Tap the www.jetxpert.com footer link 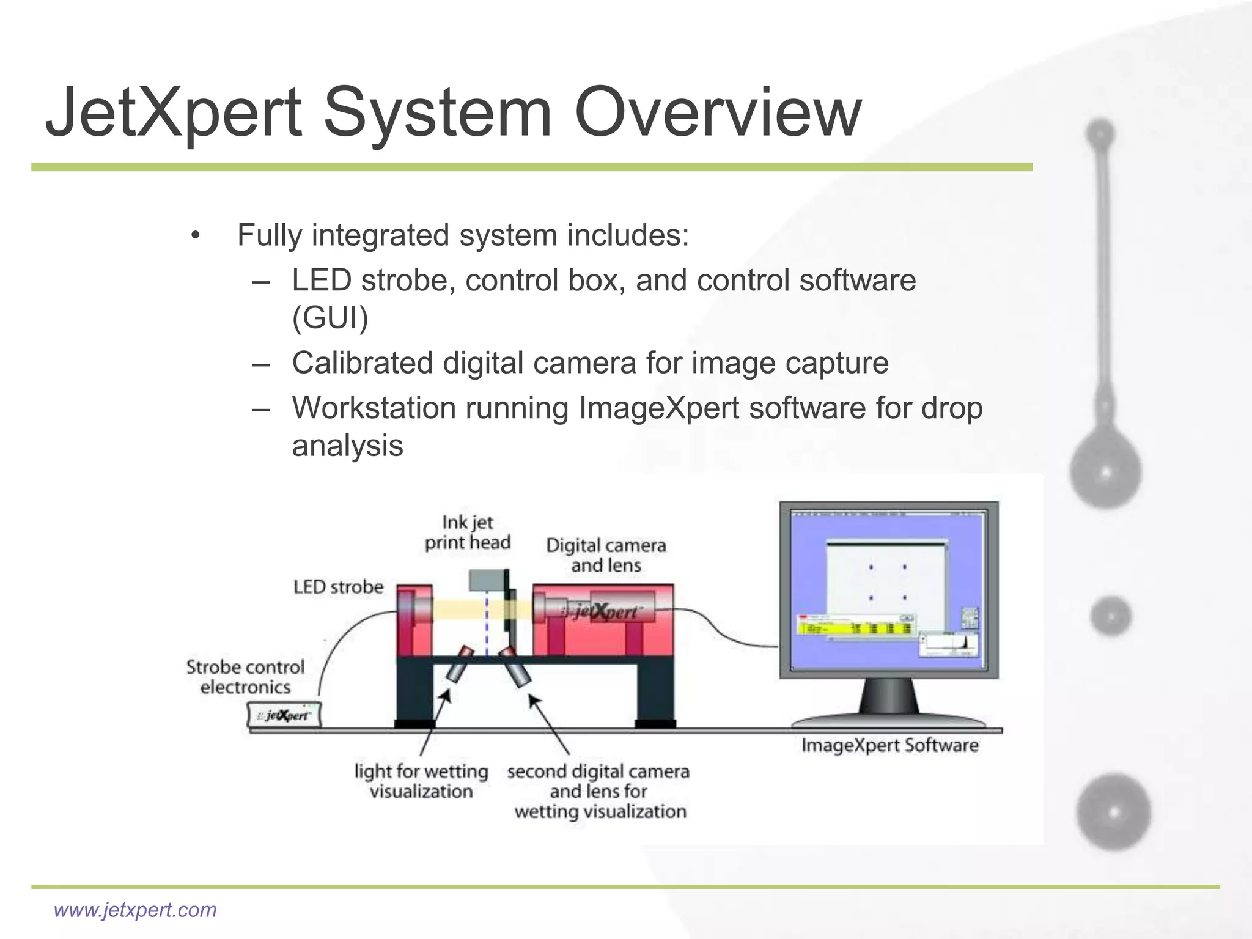pos(135,910)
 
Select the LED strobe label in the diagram pos(338,587)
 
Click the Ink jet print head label pos(468,532)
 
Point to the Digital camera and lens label pos(606,555)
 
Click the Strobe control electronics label pos(245,677)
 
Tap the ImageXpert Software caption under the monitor pos(889,745)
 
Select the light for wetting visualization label pos(421,781)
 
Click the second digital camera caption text pos(598,791)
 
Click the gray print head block pos(487,580)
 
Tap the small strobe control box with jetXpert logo pos(284,715)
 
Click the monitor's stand pos(888,697)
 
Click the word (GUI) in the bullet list pos(330,318)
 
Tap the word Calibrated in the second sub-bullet pos(362,363)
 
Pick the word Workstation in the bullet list pos(374,408)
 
